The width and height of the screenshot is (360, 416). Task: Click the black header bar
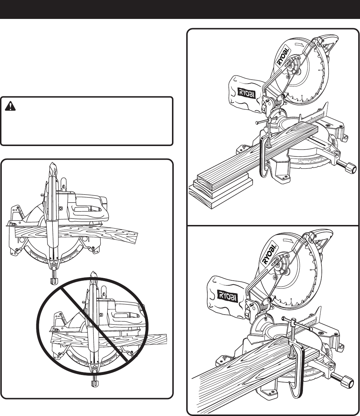pyautogui.click(x=180, y=9)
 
